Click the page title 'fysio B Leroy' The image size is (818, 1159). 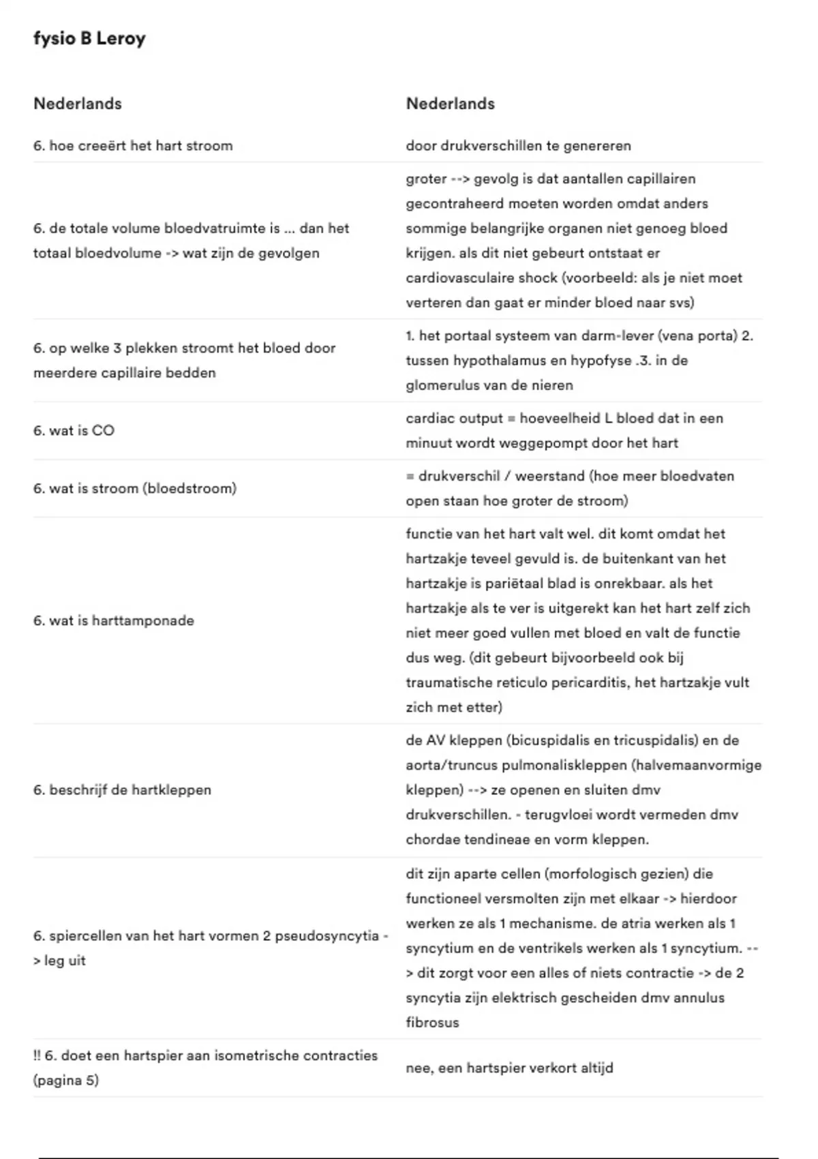point(89,39)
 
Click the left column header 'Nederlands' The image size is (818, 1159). point(78,104)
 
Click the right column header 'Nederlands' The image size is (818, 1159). point(450,104)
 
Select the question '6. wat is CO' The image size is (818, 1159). point(74,430)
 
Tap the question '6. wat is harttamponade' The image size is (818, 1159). point(114,620)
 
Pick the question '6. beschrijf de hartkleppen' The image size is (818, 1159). point(122,789)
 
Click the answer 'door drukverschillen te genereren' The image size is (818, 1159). point(518,145)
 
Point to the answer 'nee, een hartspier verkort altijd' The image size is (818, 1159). point(509,1068)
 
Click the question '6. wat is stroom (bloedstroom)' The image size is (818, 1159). point(135,488)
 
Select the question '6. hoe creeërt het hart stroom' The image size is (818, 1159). point(133,145)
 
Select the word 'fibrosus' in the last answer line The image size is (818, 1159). point(432,1022)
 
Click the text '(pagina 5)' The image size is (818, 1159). point(66,1080)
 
